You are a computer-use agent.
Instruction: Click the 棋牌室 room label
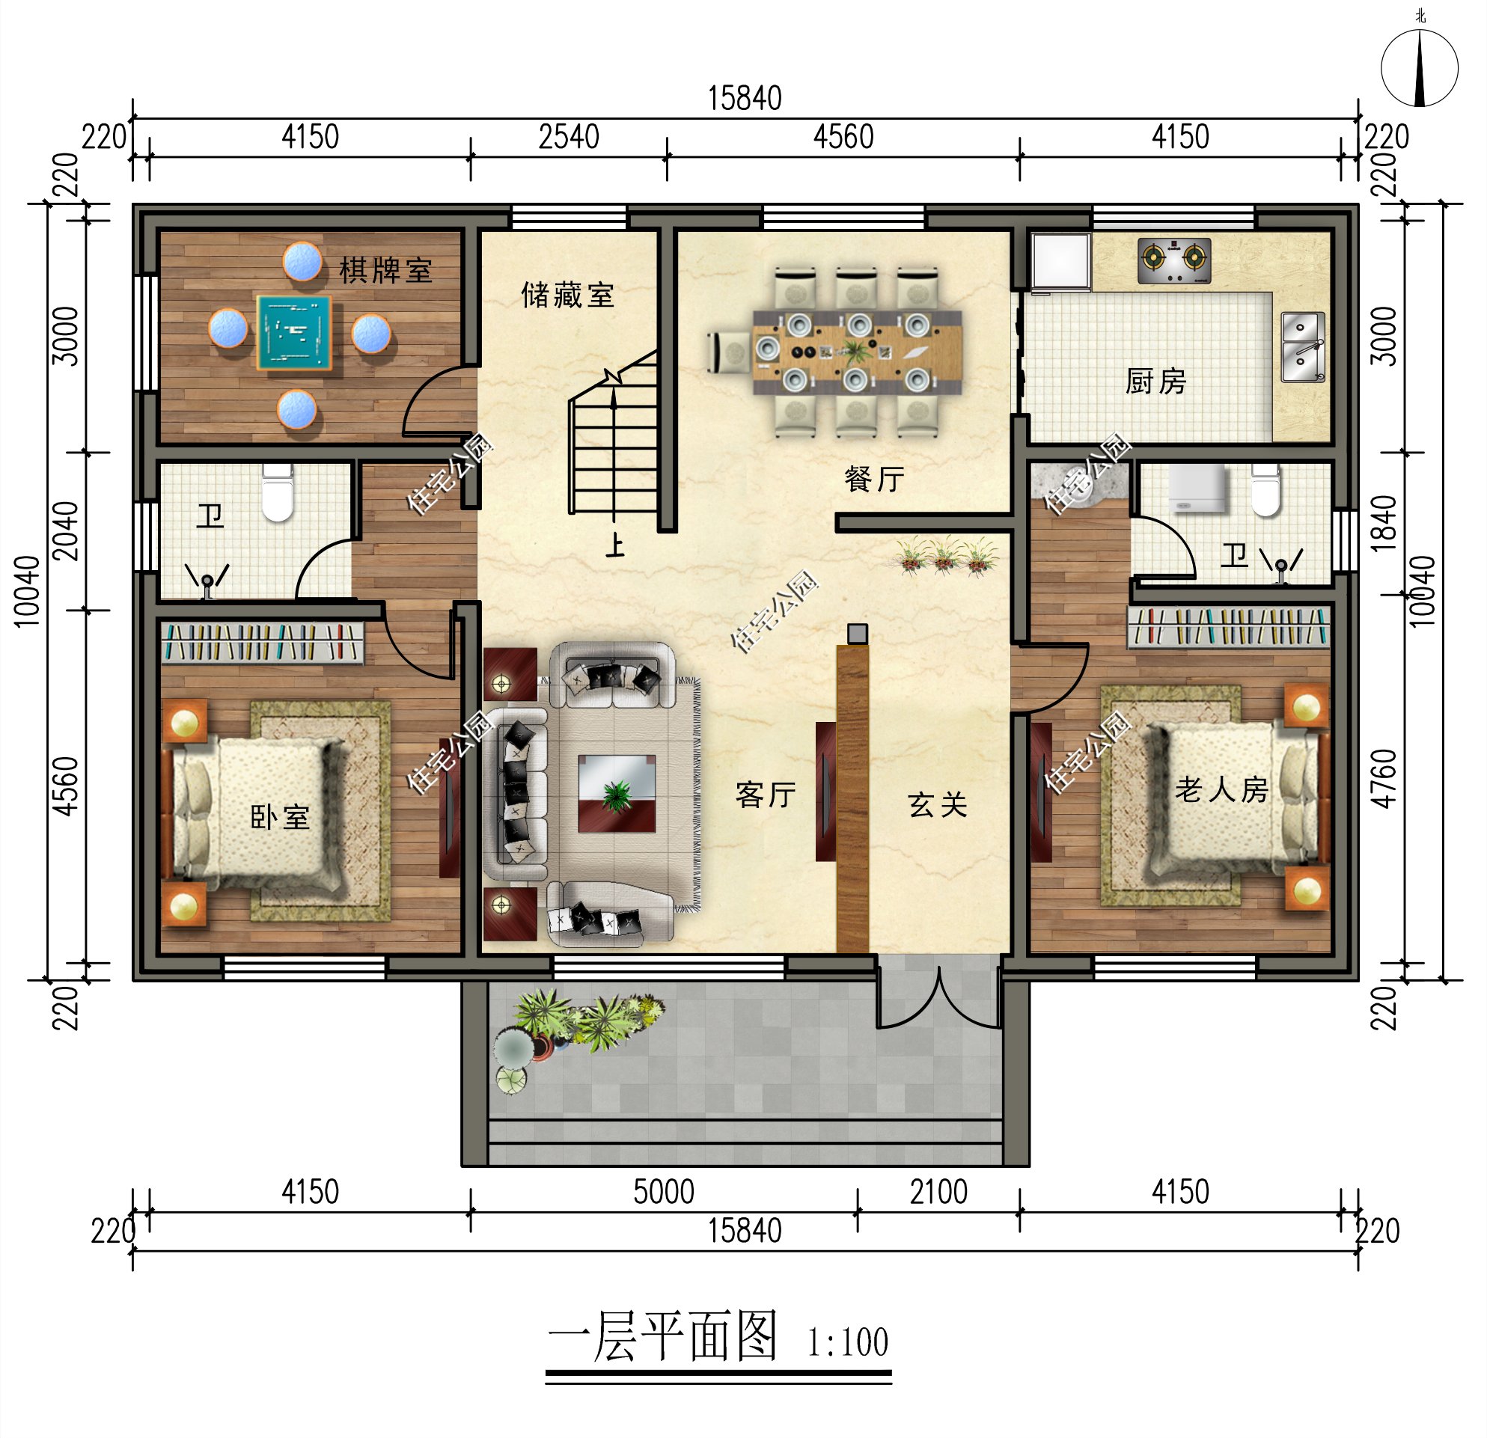pos(385,271)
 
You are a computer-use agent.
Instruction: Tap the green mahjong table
pos(294,333)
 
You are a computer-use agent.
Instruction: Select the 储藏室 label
pos(567,295)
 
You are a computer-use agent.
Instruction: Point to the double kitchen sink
pos(1302,346)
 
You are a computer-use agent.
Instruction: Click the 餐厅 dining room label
pos(874,479)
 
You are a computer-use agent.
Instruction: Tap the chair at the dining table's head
pos(729,352)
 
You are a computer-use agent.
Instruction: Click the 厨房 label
pos(1155,381)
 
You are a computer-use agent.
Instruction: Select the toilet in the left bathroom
pos(278,493)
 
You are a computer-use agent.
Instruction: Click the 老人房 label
pos(1221,789)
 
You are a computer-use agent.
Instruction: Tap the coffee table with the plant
pos(616,793)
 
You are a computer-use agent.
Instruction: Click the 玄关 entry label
pos(938,805)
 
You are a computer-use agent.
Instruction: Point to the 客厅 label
pos(766,794)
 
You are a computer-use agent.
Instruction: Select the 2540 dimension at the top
pos(568,137)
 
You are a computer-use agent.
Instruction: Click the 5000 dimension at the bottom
pos(663,1192)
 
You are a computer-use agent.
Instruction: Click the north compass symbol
pos(1419,68)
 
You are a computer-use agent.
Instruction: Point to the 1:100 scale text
pos(846,1341)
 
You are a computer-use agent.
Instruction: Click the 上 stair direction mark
pos(614,545)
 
